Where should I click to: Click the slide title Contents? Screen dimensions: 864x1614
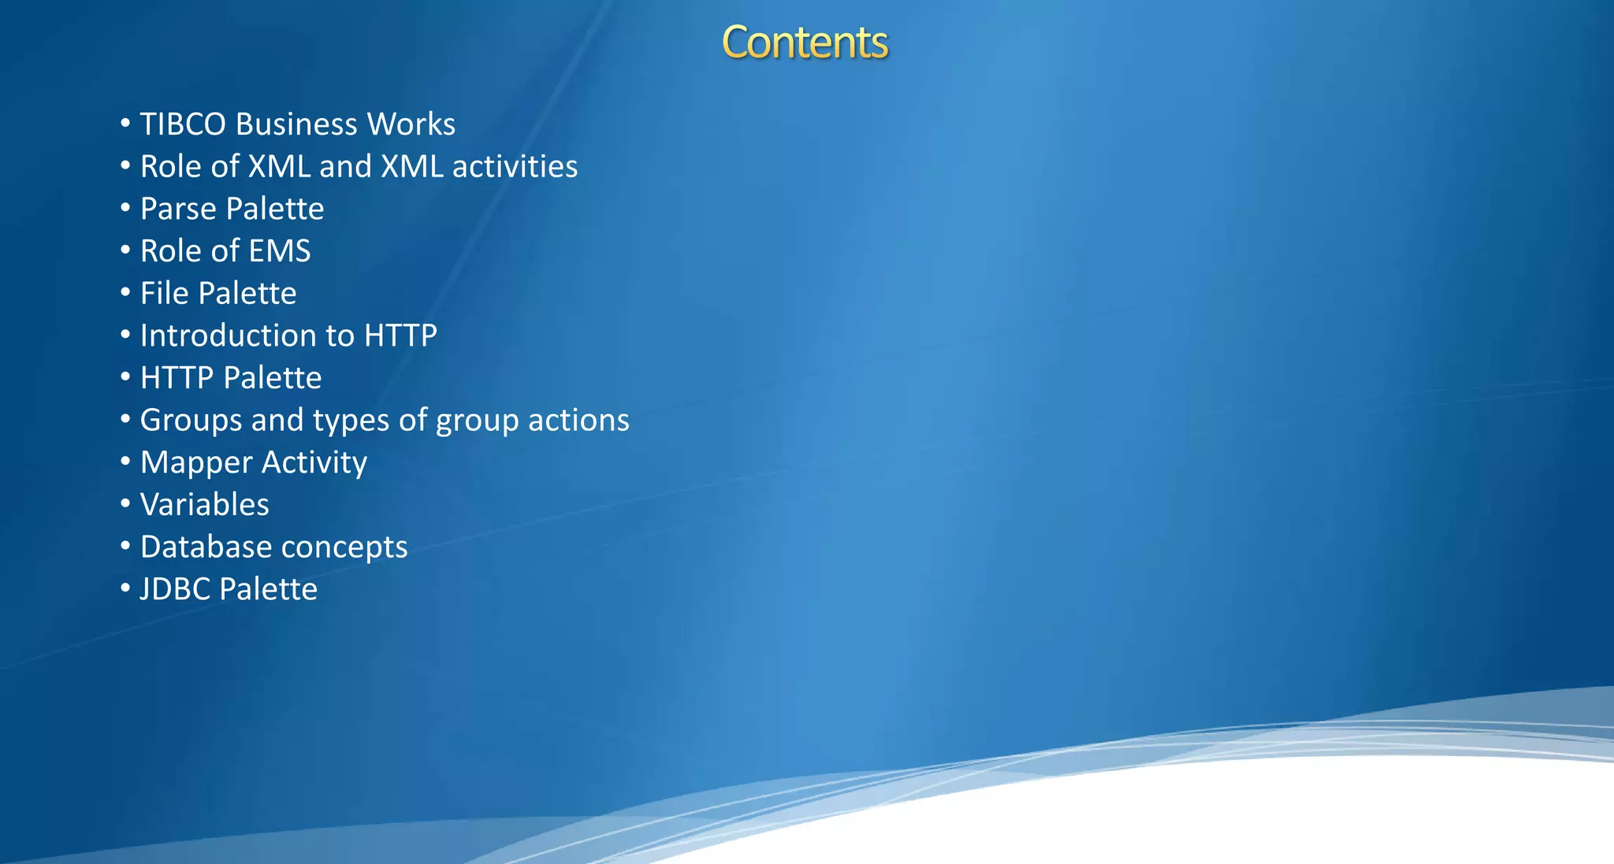pyautogui.click(x=805, y=43)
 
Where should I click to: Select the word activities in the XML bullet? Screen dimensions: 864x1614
pyautogui.click(x=515, y=167)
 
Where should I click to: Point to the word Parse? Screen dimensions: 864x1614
pyautogui.click(x=178, y=209)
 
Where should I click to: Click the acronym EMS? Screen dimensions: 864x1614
pyautogui.click(x=281, y=251)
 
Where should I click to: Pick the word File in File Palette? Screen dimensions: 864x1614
pyautogui.click(x=164, y=294)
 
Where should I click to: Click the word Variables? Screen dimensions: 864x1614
pyautogui.click(x=204, y=505)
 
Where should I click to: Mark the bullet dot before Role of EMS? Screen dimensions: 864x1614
pyautogui.click(x=125, y=250)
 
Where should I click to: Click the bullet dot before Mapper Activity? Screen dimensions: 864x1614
pyautogui.click(x=125, y=462)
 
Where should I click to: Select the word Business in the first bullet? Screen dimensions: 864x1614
pyautogui.click(x=296, y=124)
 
